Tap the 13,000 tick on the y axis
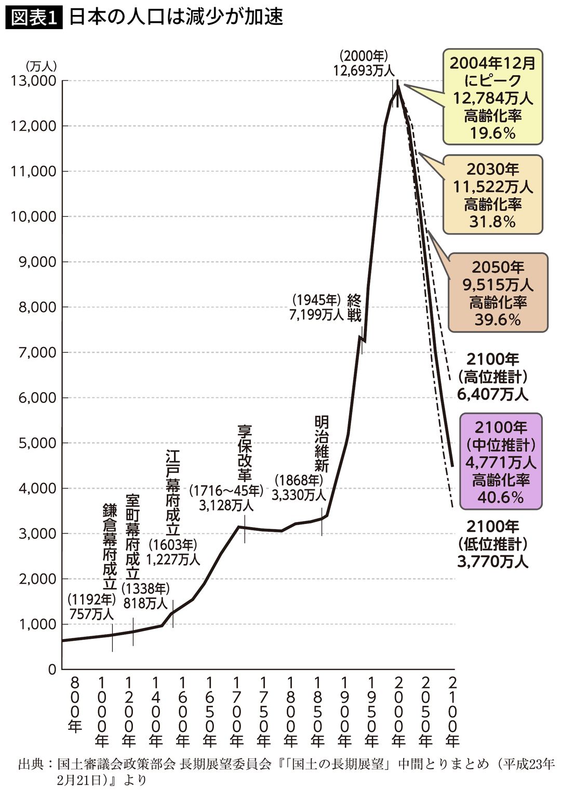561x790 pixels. [x=32, y=81]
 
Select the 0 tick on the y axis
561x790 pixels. [x=51, y=670]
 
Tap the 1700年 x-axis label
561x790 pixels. [x=237, y=712]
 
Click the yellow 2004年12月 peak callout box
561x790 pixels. [x=492, y=98]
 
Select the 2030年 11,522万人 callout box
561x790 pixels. [x=492, y=195]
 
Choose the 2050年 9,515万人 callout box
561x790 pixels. [x=498, y=293]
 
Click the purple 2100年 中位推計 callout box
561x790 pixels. [x=501, y=462]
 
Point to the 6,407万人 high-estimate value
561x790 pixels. [x=492, y=394]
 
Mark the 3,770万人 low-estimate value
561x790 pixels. [x=492, y=561]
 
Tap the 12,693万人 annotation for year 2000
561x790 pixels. [x=365, y=70]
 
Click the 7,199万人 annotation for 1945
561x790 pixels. [x=317, y=314]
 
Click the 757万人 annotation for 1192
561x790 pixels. [x=91, y=613]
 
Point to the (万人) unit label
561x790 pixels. [x=41, y=66]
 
